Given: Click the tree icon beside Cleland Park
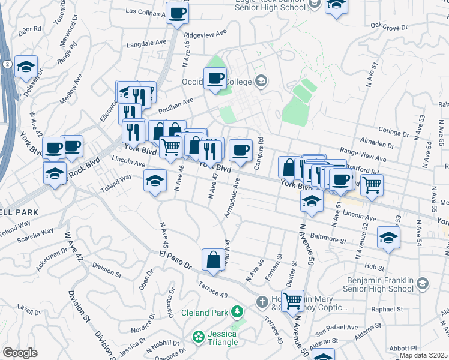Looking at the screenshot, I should (x=238, y=311).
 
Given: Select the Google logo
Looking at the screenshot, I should (x=20, y=353).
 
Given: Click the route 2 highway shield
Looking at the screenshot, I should (x=5, y=63).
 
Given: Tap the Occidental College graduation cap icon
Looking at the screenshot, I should (x=261, y=80).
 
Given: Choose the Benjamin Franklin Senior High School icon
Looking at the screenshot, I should (x=422, y=283).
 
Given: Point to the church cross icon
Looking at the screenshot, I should (x=261, y=301).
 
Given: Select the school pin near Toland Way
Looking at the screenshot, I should (x=155, y=180).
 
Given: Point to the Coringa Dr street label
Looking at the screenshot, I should (x=394, y=130).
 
